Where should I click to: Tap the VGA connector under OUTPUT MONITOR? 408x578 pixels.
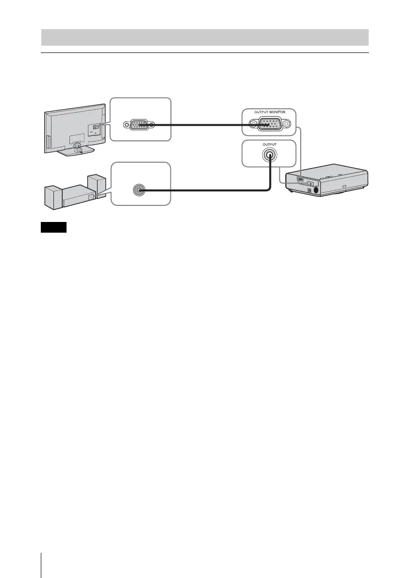pyautogui.click(x=268, y=124)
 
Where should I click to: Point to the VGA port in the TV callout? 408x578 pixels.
pyautogui.click(x=139, y=125)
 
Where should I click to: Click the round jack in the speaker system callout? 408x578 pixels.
pyautogui.click(x=139, y=191)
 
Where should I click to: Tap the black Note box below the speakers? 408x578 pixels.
pyautogui.click(x=53, y=228)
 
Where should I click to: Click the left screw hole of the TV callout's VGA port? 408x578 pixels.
pyautogui.click(x=127, y=125)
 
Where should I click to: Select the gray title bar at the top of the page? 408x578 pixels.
pyautogui.click(x=204, y=37)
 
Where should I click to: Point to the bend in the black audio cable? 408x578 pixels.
pyautogui.click(x=269, y=190)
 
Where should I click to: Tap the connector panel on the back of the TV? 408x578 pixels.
pyautogui.click(x=95, y=127)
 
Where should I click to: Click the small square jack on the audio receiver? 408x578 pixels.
pyautogui.click(x=90, y=197)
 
